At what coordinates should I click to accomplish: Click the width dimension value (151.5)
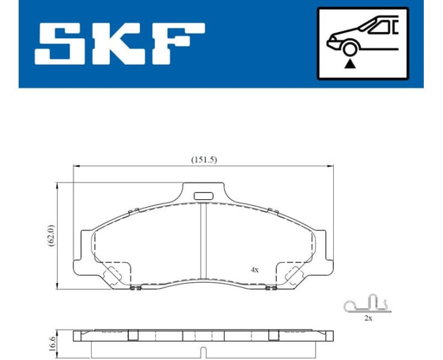pyautogui.click(x=203, y=160)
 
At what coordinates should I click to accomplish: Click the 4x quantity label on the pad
pyautogui.click(x=255, y=269)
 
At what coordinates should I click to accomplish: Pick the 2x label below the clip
pyautogui.click(x=368, y=318)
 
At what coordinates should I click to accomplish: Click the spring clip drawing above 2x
pyautogui.click(x=367, y=304)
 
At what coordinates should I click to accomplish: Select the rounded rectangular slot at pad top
pyautogui.click(x=204, y=195)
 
